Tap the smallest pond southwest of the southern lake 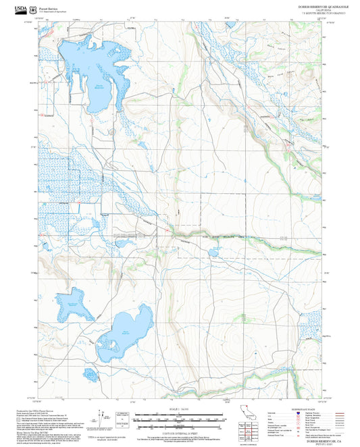91,374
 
